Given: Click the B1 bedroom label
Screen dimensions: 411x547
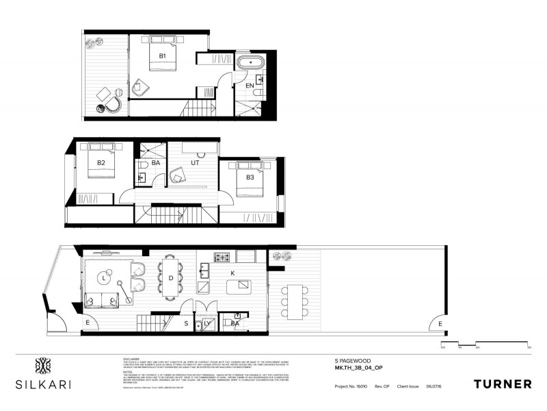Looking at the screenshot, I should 162,55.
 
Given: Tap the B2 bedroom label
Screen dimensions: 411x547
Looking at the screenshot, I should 101,163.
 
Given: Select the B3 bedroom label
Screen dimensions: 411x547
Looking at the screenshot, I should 250,177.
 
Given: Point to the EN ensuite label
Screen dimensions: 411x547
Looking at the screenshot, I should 250,86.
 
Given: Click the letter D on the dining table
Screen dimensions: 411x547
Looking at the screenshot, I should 171,278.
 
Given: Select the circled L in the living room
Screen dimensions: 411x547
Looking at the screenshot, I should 104,278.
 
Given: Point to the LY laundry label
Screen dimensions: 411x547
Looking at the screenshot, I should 207,322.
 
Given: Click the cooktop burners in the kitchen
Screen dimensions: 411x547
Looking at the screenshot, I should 224,258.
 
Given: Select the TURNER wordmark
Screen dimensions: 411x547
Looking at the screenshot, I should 502,384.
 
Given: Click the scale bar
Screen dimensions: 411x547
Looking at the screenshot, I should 485,342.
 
